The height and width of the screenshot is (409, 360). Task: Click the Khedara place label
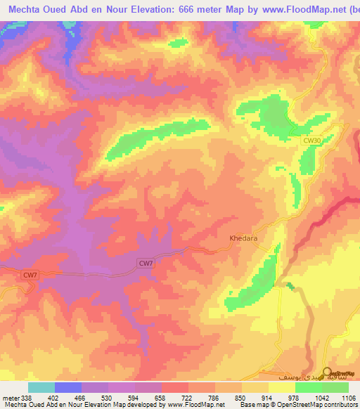click(x=243, y=238)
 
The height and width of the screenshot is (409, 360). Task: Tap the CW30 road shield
click(x=312, y=141)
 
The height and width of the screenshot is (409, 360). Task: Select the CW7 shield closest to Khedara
click(x=146, y=263)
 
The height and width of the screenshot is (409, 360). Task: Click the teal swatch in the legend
click(x=41, y=387)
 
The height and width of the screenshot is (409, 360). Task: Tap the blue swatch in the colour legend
click(x=68, y=387)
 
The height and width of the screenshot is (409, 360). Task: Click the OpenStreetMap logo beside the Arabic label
click(x=328, y=372)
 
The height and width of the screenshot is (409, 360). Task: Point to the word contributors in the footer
click(x=341, y=405)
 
